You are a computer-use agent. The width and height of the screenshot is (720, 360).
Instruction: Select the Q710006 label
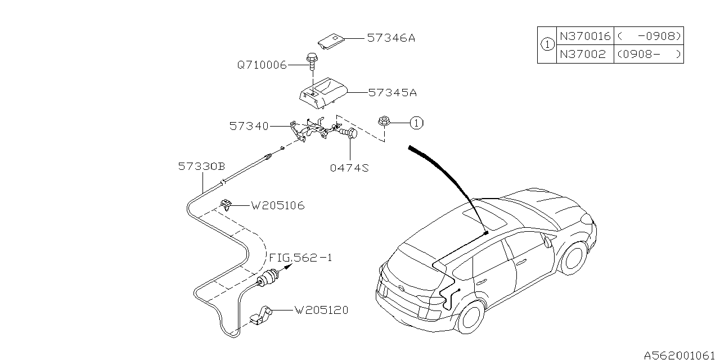coord(261,65)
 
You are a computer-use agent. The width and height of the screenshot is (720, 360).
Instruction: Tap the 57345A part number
coord(392,92)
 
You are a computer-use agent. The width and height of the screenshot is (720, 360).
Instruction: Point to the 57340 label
coord(249,127)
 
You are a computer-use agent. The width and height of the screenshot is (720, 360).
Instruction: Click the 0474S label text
coord(350,168)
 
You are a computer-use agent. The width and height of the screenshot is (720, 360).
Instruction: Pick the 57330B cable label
coord(201,166)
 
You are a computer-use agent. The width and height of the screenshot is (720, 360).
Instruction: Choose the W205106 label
coord(278,206)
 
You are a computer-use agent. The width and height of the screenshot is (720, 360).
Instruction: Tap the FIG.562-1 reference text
coord(300,258)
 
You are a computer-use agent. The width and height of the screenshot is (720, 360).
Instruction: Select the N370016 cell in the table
coord(584,36)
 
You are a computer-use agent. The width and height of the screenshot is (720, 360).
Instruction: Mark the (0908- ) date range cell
coord(649,55)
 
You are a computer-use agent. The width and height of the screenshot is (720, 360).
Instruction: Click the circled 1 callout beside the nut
coord(416,123)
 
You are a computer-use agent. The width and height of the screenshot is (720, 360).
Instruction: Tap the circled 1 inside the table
coord(547,45)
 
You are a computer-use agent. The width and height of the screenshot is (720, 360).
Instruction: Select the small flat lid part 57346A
coord(332,40)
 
